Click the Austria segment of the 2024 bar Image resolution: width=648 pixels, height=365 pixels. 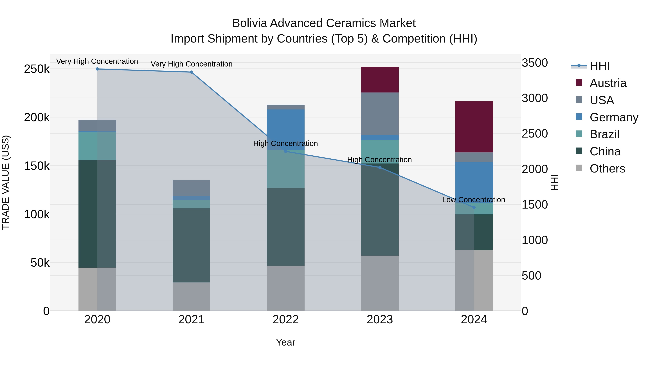tap(474, 127)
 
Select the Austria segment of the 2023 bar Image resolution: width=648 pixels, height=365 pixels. tap(380, 80)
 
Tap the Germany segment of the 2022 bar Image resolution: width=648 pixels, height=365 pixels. tap(285, 126)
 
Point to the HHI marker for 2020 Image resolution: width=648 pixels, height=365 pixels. tap(97, 69)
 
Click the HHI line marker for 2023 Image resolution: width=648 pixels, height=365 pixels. tap(380, 167)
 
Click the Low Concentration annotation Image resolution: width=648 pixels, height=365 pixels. tap(473, 200)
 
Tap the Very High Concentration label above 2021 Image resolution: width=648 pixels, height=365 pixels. tap(192, 64)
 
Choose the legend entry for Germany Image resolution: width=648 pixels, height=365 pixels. tap(614, 117)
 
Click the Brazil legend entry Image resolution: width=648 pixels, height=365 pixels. tap(604, 134)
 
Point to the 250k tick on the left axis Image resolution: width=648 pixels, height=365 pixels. tap(37, 69)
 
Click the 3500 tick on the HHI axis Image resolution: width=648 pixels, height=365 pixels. tap(535, 63)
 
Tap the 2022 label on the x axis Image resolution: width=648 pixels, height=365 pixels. tap(285, 320)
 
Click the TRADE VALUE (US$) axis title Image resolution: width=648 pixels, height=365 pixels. tap(6, 182)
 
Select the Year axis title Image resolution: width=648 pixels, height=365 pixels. tap(285, 342)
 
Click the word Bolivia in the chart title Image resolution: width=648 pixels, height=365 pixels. tap(249, 23)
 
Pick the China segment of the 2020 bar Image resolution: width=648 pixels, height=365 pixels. tap(97, 214)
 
